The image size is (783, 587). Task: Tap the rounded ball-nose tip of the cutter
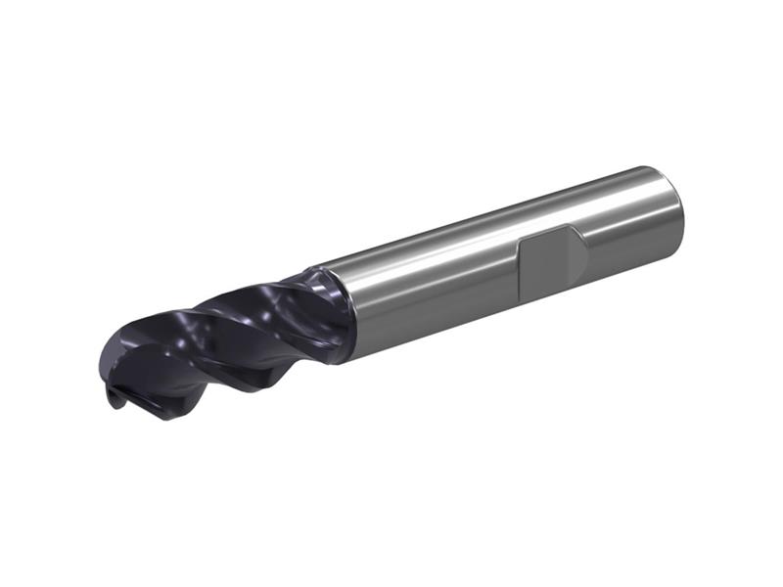pyautogui.click(x=112, y=367)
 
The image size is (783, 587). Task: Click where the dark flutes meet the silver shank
pyautogui.click(x=338, y=311)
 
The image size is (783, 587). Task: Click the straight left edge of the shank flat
pyautogui.click(x=520, y=270)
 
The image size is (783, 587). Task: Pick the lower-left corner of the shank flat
pyautogui.click(x=522, y=294)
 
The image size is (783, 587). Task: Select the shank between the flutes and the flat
pyautogui.click(x=431, y=284)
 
